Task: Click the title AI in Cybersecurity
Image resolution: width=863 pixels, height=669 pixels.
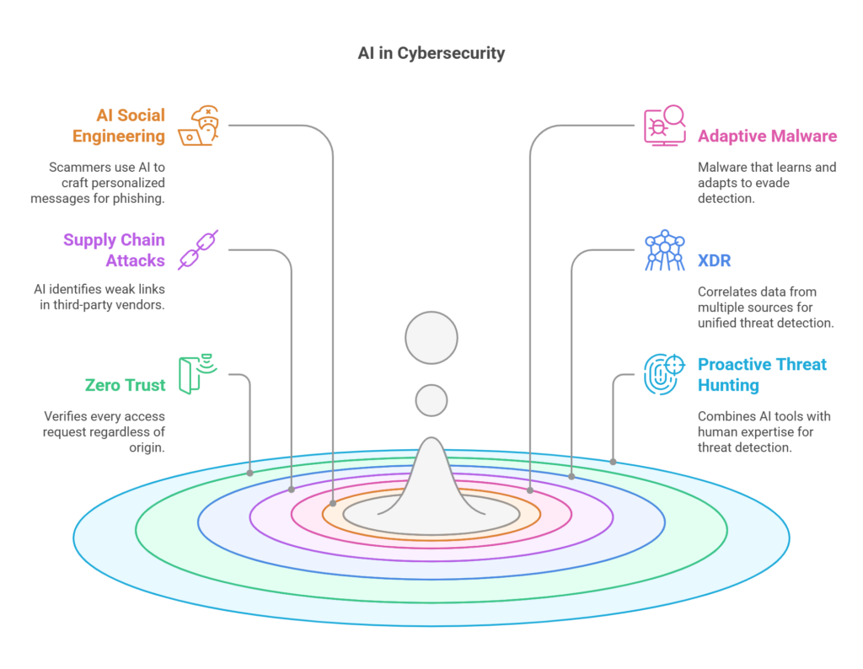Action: pos(431,53)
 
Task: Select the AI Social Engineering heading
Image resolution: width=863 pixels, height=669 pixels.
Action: pos(118,126)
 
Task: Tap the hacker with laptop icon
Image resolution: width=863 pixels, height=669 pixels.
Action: pos(199,126)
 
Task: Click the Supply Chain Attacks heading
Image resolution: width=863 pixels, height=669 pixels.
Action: pos(114,249)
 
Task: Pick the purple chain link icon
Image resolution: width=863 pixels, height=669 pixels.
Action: pos(198,249)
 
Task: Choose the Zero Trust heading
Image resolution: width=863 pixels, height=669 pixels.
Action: pos(125,384)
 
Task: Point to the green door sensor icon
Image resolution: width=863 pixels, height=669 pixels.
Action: pos(198,374)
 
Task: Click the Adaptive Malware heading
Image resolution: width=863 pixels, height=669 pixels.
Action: pos(767,136)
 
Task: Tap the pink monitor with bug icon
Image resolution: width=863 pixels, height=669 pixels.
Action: pos(665,126)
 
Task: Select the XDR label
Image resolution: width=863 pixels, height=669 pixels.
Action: pos(715,260)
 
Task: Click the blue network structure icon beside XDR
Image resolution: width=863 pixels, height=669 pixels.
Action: pos(665,250)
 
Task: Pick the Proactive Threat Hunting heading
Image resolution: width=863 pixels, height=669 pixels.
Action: pos(762,374)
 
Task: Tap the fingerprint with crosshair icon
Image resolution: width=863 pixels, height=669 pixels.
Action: pos(665,374)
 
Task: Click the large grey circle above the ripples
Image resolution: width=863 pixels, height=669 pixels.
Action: pos(431,338)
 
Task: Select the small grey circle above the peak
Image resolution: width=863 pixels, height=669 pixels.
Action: pos(431,400)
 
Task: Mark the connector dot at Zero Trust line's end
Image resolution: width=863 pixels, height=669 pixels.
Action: pos(249,474)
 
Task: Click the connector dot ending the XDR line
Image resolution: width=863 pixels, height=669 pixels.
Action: pos(572,476)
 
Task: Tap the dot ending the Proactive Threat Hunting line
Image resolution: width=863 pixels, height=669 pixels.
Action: pos(614,462)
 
